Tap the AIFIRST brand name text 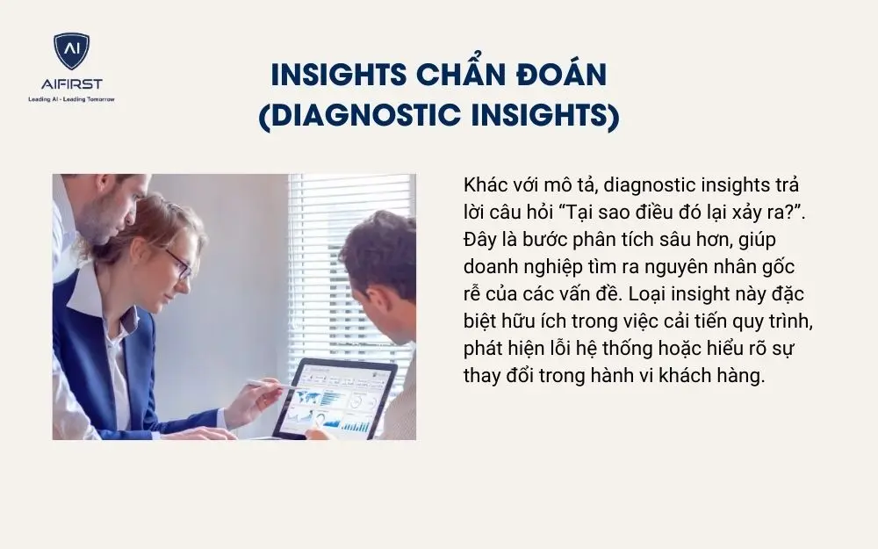pos(71,84)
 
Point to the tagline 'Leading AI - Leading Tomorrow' pos(71,98)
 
